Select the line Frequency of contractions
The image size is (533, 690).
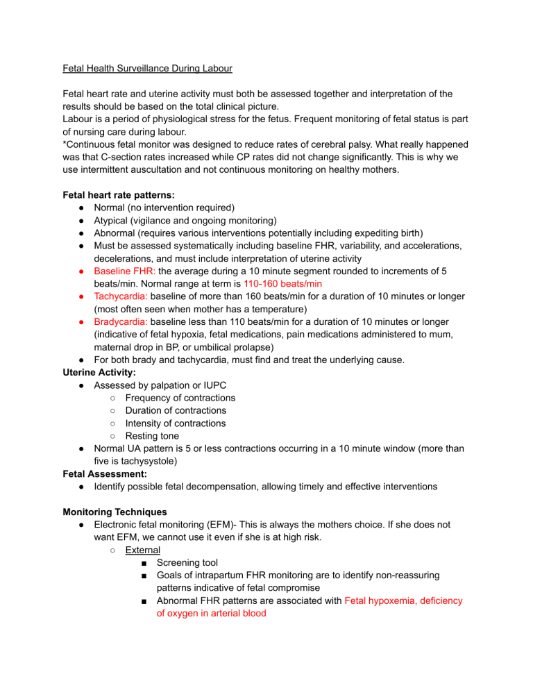180,398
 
